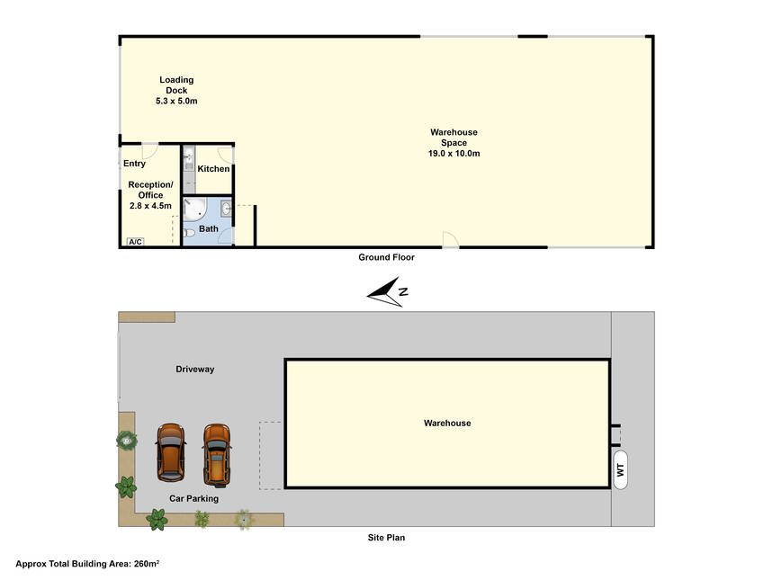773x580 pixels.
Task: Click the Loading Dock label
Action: coord(176,85)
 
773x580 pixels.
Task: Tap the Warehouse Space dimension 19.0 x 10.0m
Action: coord(454,153)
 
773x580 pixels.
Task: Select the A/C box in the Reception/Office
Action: coord(136,242)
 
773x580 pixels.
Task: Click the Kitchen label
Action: coord(213,168)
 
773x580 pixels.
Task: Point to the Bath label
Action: coord(209,228)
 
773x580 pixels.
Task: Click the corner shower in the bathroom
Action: coord(193,209)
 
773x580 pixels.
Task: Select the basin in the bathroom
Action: coord(226,209)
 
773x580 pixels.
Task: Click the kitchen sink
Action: coord(189,158)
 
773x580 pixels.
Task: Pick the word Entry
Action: coord(134,163)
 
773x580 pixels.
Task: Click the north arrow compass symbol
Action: coord(388,291)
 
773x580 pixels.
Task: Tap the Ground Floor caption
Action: coord(386,257)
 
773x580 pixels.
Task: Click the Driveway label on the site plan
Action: coord(194,369)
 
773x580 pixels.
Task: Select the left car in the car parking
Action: coord(171,452)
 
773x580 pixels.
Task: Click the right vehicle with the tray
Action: coord(217,454)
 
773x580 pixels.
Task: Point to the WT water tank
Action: coord(620,469)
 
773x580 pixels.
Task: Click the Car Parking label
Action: coord(193,499)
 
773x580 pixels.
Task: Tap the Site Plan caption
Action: coord(386,538)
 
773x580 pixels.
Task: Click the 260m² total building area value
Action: coord(147,564)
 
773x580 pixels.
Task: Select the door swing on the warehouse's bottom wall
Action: coord(451,239)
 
